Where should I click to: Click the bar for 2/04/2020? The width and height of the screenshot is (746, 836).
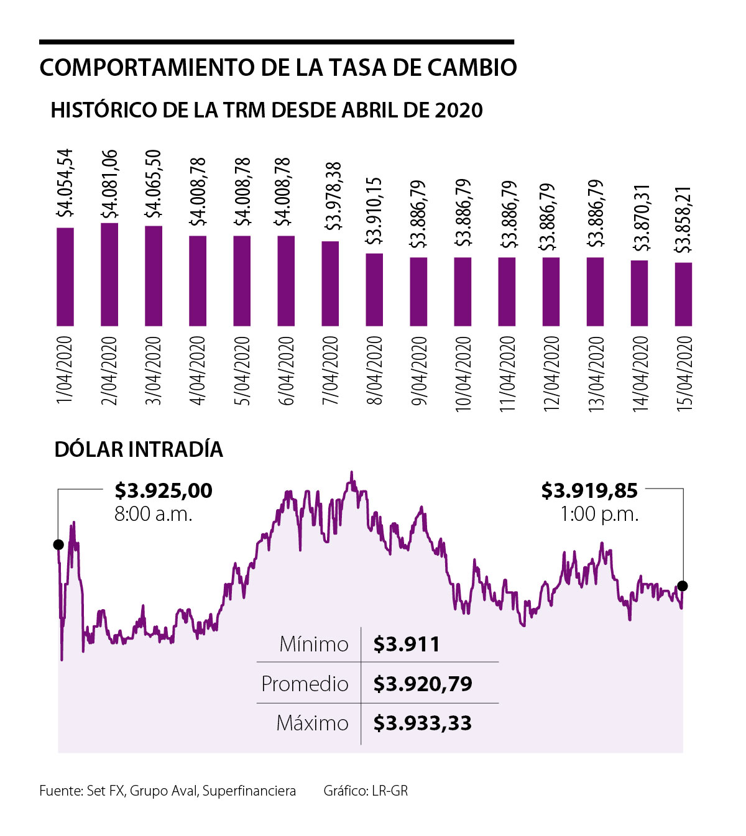(109, 274)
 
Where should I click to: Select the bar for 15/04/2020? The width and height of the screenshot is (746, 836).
(683, 294)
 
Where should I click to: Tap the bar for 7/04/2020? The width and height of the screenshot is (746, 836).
(330, 283)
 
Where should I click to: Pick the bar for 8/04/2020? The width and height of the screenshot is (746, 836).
(374, 290)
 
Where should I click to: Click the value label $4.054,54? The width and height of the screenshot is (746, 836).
(65, 183)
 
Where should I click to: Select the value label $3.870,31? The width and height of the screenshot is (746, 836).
(640, 217)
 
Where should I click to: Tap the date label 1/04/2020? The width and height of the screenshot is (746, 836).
(65, 370)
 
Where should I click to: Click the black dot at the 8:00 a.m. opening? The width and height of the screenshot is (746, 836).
(58, 544)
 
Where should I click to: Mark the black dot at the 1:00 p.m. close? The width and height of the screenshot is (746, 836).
(683, 586)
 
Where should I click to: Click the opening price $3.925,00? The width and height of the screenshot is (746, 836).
(163, 491)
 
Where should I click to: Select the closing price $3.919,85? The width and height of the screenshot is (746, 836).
(589, 491)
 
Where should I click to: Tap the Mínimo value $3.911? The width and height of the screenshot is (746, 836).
(407, 645)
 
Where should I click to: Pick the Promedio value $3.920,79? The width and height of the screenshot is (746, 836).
(423, 684)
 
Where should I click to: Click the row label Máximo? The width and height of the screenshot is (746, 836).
(312, 723)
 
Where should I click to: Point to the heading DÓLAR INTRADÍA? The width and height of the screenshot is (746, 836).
(139, 449)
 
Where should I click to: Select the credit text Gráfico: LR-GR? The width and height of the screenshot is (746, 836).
(366, 791)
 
